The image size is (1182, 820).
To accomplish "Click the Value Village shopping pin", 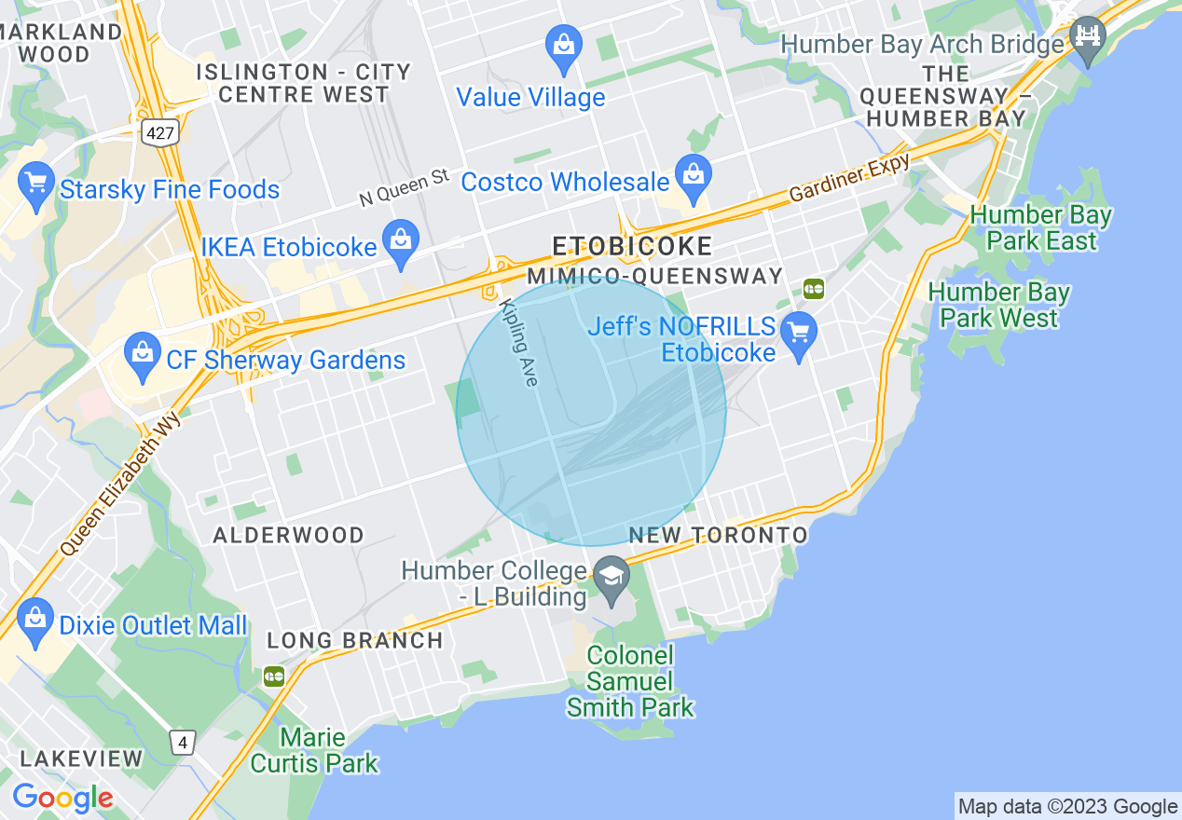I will click(564, 46).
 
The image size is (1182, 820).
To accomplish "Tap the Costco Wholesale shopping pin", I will click(693, 177).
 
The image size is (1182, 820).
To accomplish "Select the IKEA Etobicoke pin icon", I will click(400, 242).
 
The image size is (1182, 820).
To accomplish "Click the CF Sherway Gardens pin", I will click(142, 354).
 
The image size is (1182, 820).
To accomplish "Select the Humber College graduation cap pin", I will click(612, 577).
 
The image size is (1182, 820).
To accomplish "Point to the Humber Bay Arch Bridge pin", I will click(1087, 37).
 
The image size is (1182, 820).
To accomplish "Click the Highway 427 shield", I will click(160, 132).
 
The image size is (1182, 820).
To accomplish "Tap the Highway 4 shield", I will click(183, 743).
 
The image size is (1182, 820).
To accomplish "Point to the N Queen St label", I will click(405, 187).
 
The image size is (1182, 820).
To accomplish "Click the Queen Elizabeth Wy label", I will click(120, 485).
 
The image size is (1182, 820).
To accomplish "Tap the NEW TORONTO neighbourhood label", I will click(718, 535).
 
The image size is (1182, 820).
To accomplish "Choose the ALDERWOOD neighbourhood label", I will click(289, 535).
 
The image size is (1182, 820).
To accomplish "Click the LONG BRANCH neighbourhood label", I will click(355, 640).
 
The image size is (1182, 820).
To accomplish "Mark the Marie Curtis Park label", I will click(314, 751).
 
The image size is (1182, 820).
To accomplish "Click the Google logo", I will click(62, 799).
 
